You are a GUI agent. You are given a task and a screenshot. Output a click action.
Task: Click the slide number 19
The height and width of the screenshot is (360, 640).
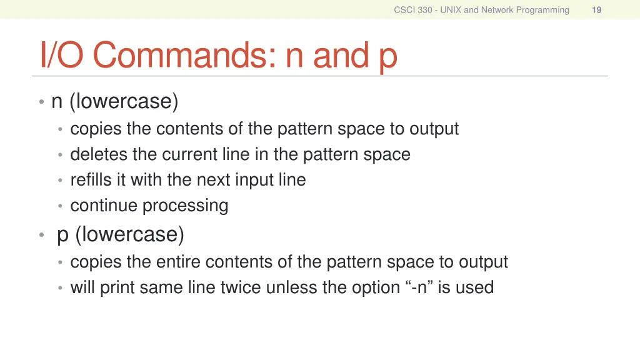(596, 9)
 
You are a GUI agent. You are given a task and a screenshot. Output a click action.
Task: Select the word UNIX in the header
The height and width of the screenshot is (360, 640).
(451, 9)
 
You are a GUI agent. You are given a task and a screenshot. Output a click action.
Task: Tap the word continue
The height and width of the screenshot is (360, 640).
(104, 206)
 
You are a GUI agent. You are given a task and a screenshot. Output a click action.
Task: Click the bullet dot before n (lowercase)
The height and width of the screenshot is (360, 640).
(41, 101)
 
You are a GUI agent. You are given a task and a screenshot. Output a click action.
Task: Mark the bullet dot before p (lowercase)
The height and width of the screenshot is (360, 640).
(41, 235)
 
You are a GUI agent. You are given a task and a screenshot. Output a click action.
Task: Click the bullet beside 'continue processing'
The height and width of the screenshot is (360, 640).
(60, 206)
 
